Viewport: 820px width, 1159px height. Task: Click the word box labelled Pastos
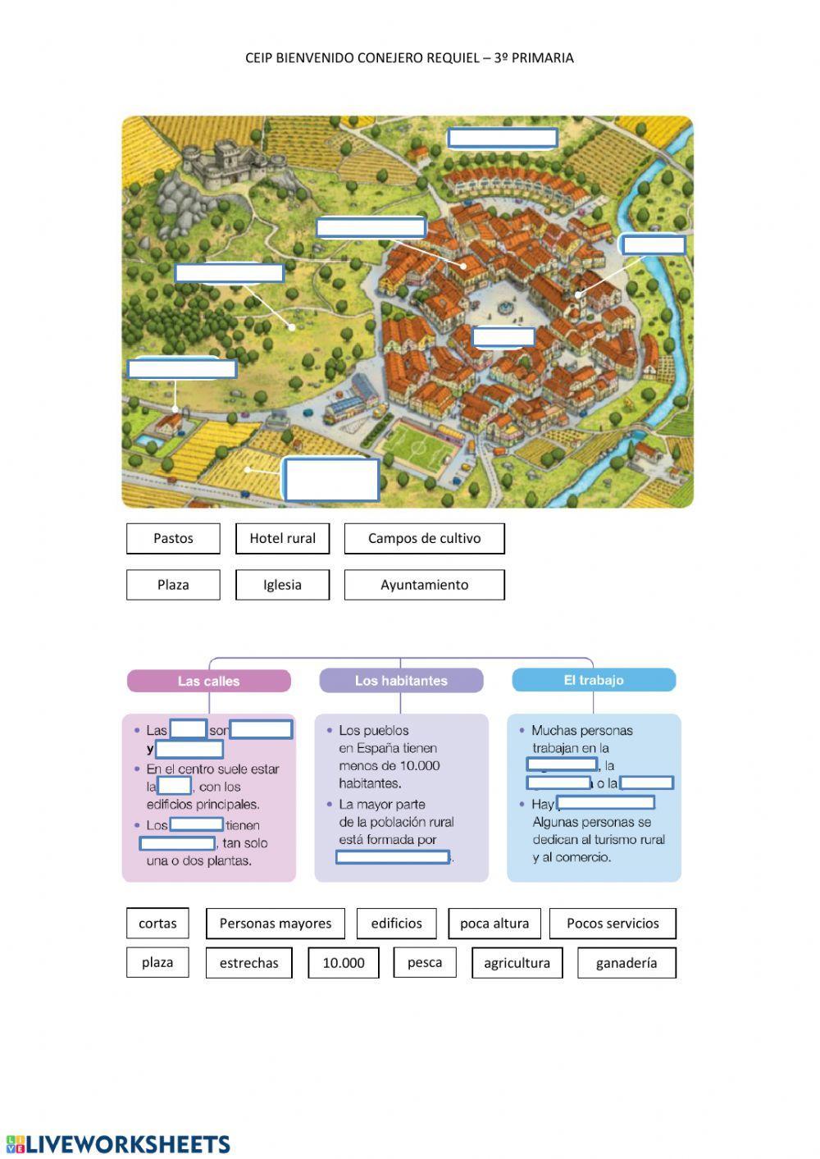point(173,538)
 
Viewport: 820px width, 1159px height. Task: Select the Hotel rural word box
point(282,538)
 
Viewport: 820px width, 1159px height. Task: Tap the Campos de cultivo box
point(424,538)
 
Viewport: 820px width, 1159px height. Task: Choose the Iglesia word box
point(282,585)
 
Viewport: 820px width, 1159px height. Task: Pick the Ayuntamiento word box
point(424,585)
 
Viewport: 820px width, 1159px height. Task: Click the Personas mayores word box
point(276,923)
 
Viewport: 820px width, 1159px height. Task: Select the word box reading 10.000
point(344,963)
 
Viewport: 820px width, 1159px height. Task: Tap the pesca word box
point(425,962)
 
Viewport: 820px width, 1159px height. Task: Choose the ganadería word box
point(626,963)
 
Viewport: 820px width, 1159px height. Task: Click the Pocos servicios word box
point(613,923)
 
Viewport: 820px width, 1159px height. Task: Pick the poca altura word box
point(494,923)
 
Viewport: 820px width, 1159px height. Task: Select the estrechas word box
point(248,963)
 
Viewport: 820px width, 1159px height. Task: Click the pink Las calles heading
point(209,681)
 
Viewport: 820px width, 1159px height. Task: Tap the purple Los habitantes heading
point(401,681)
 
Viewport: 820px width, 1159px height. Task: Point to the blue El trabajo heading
point(594,680)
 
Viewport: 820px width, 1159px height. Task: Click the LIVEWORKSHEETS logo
point(118,1144)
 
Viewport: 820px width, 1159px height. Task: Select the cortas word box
point(157,923)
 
